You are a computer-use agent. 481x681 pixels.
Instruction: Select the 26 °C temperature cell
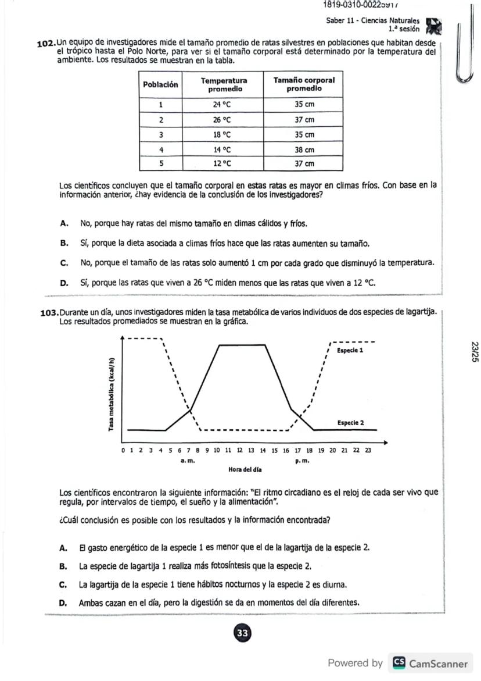click(222, 120)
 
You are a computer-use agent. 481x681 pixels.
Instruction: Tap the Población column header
click(160, 84)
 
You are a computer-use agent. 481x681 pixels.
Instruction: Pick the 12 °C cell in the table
click(222, 164)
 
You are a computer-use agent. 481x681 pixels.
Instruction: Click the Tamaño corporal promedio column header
click(304, 84)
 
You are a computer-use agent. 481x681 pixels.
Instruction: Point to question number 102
click(46, 44)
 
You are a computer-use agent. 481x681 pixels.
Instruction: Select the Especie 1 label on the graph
click(350, 351)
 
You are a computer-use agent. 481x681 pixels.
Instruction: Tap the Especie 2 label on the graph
click(350, 423)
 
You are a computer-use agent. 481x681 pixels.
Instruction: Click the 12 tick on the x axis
click(239, 450)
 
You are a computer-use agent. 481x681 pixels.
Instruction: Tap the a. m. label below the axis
click(187, 460)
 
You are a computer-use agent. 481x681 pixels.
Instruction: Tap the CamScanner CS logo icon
click(399, 663)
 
